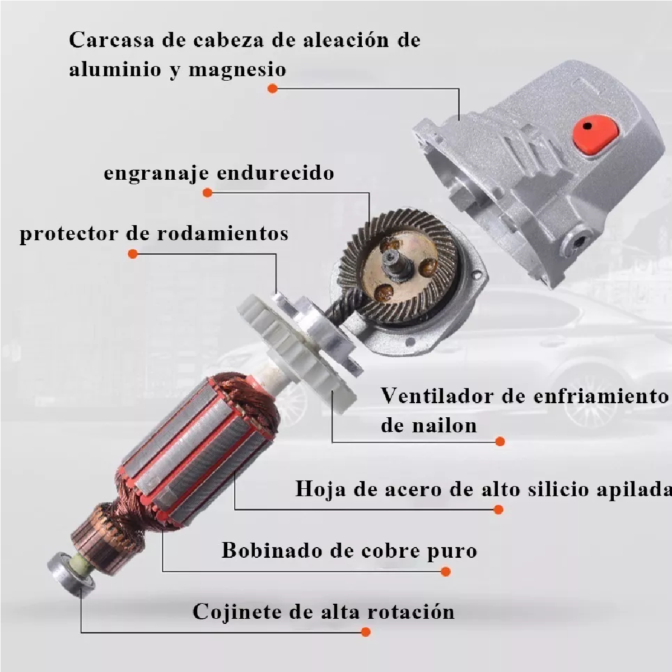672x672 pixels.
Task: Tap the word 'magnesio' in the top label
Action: tap(237, 70)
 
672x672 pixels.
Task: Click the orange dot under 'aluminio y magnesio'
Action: tap(273, 88)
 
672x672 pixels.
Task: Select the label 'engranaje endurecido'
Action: tap(219, 172)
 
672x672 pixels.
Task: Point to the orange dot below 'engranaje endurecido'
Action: tap(207, 193)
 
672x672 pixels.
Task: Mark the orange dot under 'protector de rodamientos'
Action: tap(133, 254)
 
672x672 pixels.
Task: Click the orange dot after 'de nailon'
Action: tap(500, 441)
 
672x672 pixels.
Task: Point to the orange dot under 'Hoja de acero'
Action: tap(498, 509)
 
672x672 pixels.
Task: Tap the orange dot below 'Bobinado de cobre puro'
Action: tap(446, 572)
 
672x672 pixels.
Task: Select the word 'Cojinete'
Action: tap(238, 611)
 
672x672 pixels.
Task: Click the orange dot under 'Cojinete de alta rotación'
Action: tap(366, 632)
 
